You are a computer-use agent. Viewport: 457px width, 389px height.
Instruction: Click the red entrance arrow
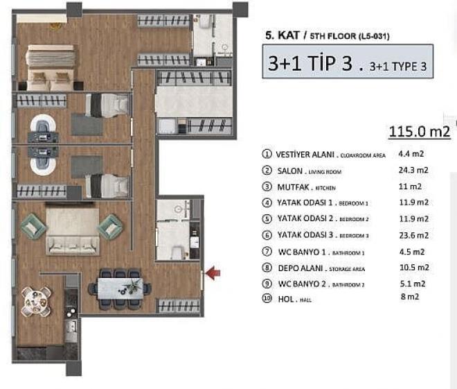[x=214, y=275]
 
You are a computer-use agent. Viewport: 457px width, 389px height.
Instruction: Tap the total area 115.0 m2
[x=420, y=131]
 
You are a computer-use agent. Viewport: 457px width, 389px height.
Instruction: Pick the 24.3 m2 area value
[x=413, y=170]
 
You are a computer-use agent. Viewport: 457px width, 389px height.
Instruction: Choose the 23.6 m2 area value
[x=413, y=235]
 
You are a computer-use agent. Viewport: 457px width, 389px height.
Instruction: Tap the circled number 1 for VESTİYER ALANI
[x=267, y=154]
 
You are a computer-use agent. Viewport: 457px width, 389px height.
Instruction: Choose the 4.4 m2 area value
[x=411, y=154]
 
